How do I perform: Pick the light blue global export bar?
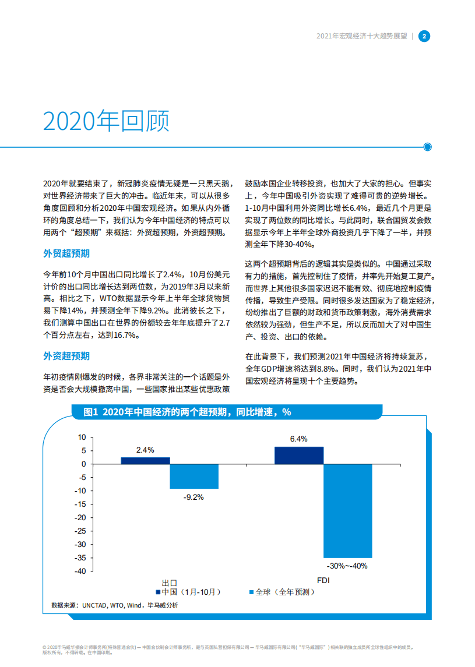tap(194, 476)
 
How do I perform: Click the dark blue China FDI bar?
tap(298, 455)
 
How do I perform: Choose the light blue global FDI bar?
tap(347, 510)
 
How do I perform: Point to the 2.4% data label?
tap(145, 450)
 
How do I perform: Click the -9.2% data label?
tap(193, 497)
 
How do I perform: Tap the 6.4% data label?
tap(298, 439)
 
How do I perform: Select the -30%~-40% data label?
tap(347, 566)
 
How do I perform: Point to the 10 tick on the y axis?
tap(82, 437)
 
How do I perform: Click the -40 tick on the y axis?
tap(80, 571)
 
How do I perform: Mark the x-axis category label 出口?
tap(170, 582)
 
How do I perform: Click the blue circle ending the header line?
tap(428, 147)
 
